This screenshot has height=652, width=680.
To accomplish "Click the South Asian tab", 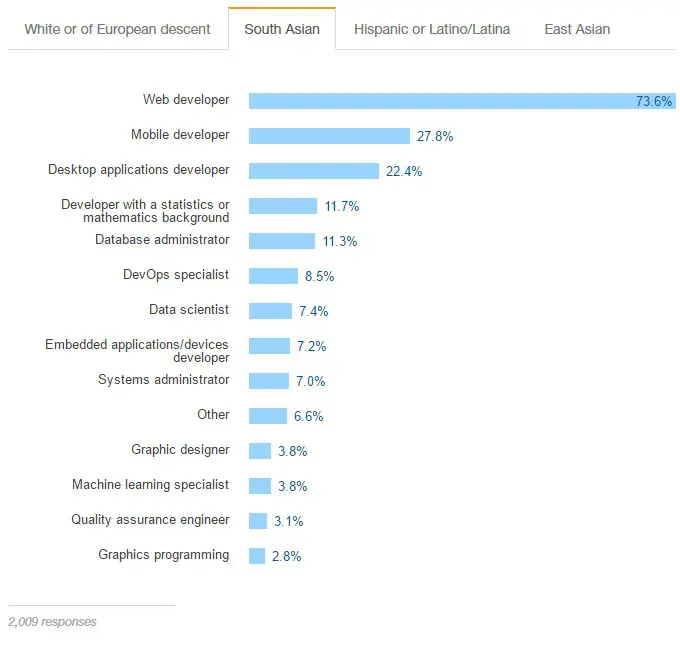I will click(282, 29).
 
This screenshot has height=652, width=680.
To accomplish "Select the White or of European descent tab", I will click(117, 29).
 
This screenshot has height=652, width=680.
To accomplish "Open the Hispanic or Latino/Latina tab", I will click(432, 29).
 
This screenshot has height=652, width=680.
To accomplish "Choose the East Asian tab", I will click(577, 29).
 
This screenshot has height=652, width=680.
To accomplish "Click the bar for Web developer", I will click(440, 101).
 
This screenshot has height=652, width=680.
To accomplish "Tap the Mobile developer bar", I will click(329, 136).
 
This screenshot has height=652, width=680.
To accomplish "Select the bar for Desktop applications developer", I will click(313, 171).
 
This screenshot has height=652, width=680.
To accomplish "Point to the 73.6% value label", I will click(654, 101).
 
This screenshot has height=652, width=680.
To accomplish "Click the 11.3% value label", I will click(340, 241).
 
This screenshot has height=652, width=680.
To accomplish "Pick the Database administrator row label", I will click(162, 240).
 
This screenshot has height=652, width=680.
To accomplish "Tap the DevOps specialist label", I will click(176, 275).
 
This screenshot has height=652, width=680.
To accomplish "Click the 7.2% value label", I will click(310, 346).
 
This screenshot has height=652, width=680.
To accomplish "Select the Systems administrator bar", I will click(268, 381).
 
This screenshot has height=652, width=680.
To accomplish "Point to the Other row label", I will click(213, 415).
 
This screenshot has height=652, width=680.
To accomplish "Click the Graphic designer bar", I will click(260, 451).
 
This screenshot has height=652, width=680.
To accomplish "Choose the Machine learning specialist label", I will click(150, 485).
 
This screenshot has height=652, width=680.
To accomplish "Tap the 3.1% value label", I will click(289, 521).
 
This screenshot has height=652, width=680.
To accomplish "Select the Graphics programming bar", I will click(257, 556).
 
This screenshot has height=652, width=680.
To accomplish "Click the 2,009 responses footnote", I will click(53, 622).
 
